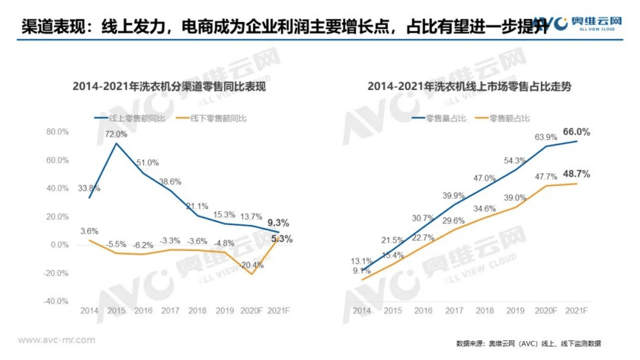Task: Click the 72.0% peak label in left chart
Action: tap(116, 133)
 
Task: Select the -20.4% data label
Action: tap(252, 265)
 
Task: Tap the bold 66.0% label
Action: tap(576, 132)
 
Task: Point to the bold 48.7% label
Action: tap(576, 174)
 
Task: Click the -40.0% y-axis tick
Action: tap(57, 301)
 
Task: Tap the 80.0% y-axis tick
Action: tap(58, 132)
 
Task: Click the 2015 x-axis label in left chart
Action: tap(117, 311)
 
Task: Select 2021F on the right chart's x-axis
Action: tap(577, 311)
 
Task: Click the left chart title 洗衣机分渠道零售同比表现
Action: tap(169, 87)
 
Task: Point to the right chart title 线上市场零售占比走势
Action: tap(469, 87)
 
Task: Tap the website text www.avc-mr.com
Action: tap(56, 340)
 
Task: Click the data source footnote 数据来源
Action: tap(529, 343)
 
